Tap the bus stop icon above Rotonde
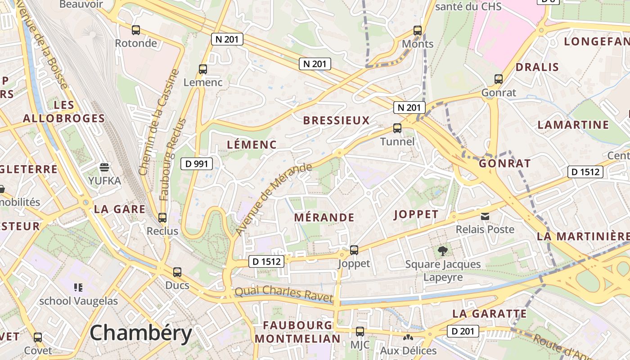click(135, 30)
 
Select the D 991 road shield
click(197, 164)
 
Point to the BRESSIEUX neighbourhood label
click(336, 121)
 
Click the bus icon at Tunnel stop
click(397, 128)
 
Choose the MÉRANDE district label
click(324, 218)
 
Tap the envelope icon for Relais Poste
click(485, 216)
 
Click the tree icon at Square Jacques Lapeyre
click(443, 251)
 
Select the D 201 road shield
click(463, 332)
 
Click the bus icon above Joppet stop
click(354, 250)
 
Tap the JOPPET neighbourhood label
click(416, 215)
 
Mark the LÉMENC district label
click(252, 145)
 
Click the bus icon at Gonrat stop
click(499, 79)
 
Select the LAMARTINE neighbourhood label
click(573, 125)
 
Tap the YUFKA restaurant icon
click(104, 168)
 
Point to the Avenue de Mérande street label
click(273, 199)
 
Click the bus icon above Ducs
click(177, 272)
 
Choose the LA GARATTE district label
click(490, 314)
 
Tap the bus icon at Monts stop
click(418, 31)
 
